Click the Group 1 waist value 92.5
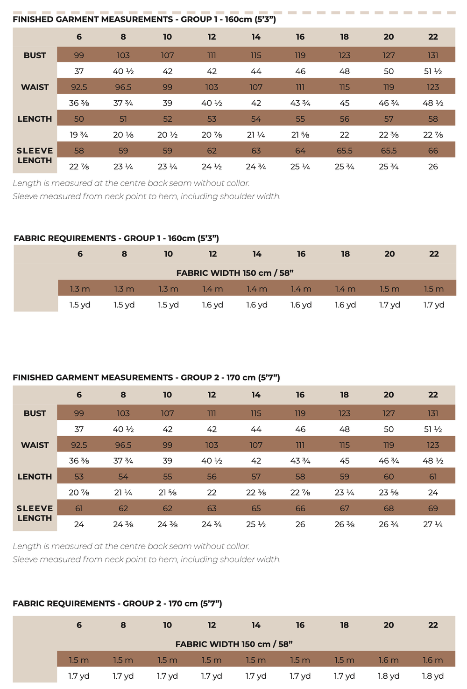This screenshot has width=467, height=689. (79, 87)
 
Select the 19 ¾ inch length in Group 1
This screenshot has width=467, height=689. (79, 135)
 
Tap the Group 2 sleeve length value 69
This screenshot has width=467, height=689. (433, 508)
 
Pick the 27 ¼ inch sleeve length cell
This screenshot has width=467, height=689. (433, 524)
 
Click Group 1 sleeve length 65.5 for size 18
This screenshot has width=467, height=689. (345, 151)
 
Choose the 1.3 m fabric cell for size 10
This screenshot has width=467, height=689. (168, 289)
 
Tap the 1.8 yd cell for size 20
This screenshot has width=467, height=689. (389, 676)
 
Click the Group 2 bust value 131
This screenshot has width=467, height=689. (433, 413)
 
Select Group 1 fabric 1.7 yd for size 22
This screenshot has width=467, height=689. (434, 305)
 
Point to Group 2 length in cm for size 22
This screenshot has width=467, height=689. (433, 476)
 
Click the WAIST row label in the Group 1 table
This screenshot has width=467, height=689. (35, 87)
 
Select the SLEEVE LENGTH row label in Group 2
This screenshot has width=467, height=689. (35, 513)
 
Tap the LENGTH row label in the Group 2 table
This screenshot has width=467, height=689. (35, 476)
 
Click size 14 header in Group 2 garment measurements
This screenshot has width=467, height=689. (256, 395)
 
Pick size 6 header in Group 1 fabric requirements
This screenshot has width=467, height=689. (80, 254)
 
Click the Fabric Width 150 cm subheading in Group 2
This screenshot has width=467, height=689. (234, 644)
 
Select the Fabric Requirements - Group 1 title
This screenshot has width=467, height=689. (116, 238)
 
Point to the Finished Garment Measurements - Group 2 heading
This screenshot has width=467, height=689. (146, 377)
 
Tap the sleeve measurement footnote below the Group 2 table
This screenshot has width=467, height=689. (147, 559)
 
